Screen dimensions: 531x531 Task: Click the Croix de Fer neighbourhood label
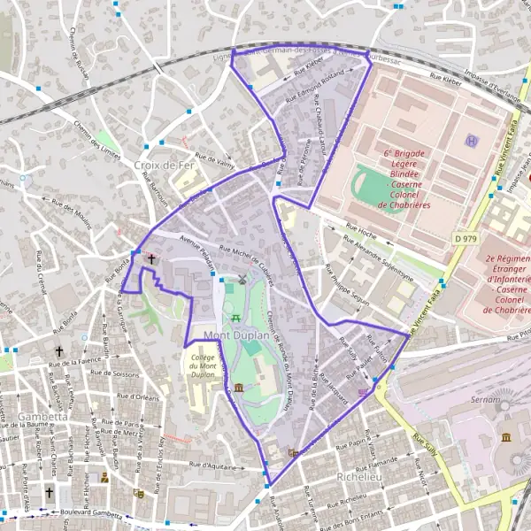click(x=157, y=165)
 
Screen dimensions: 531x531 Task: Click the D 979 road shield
click(x=468, y=238)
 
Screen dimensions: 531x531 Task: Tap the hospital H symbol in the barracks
click(x=472, y=141)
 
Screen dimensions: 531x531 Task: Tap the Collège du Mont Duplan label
click(x=203, y=366)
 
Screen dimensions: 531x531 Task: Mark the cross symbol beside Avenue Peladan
click(x=151, y=259)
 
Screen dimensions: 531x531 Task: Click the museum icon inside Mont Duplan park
click(x=239, y=389)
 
